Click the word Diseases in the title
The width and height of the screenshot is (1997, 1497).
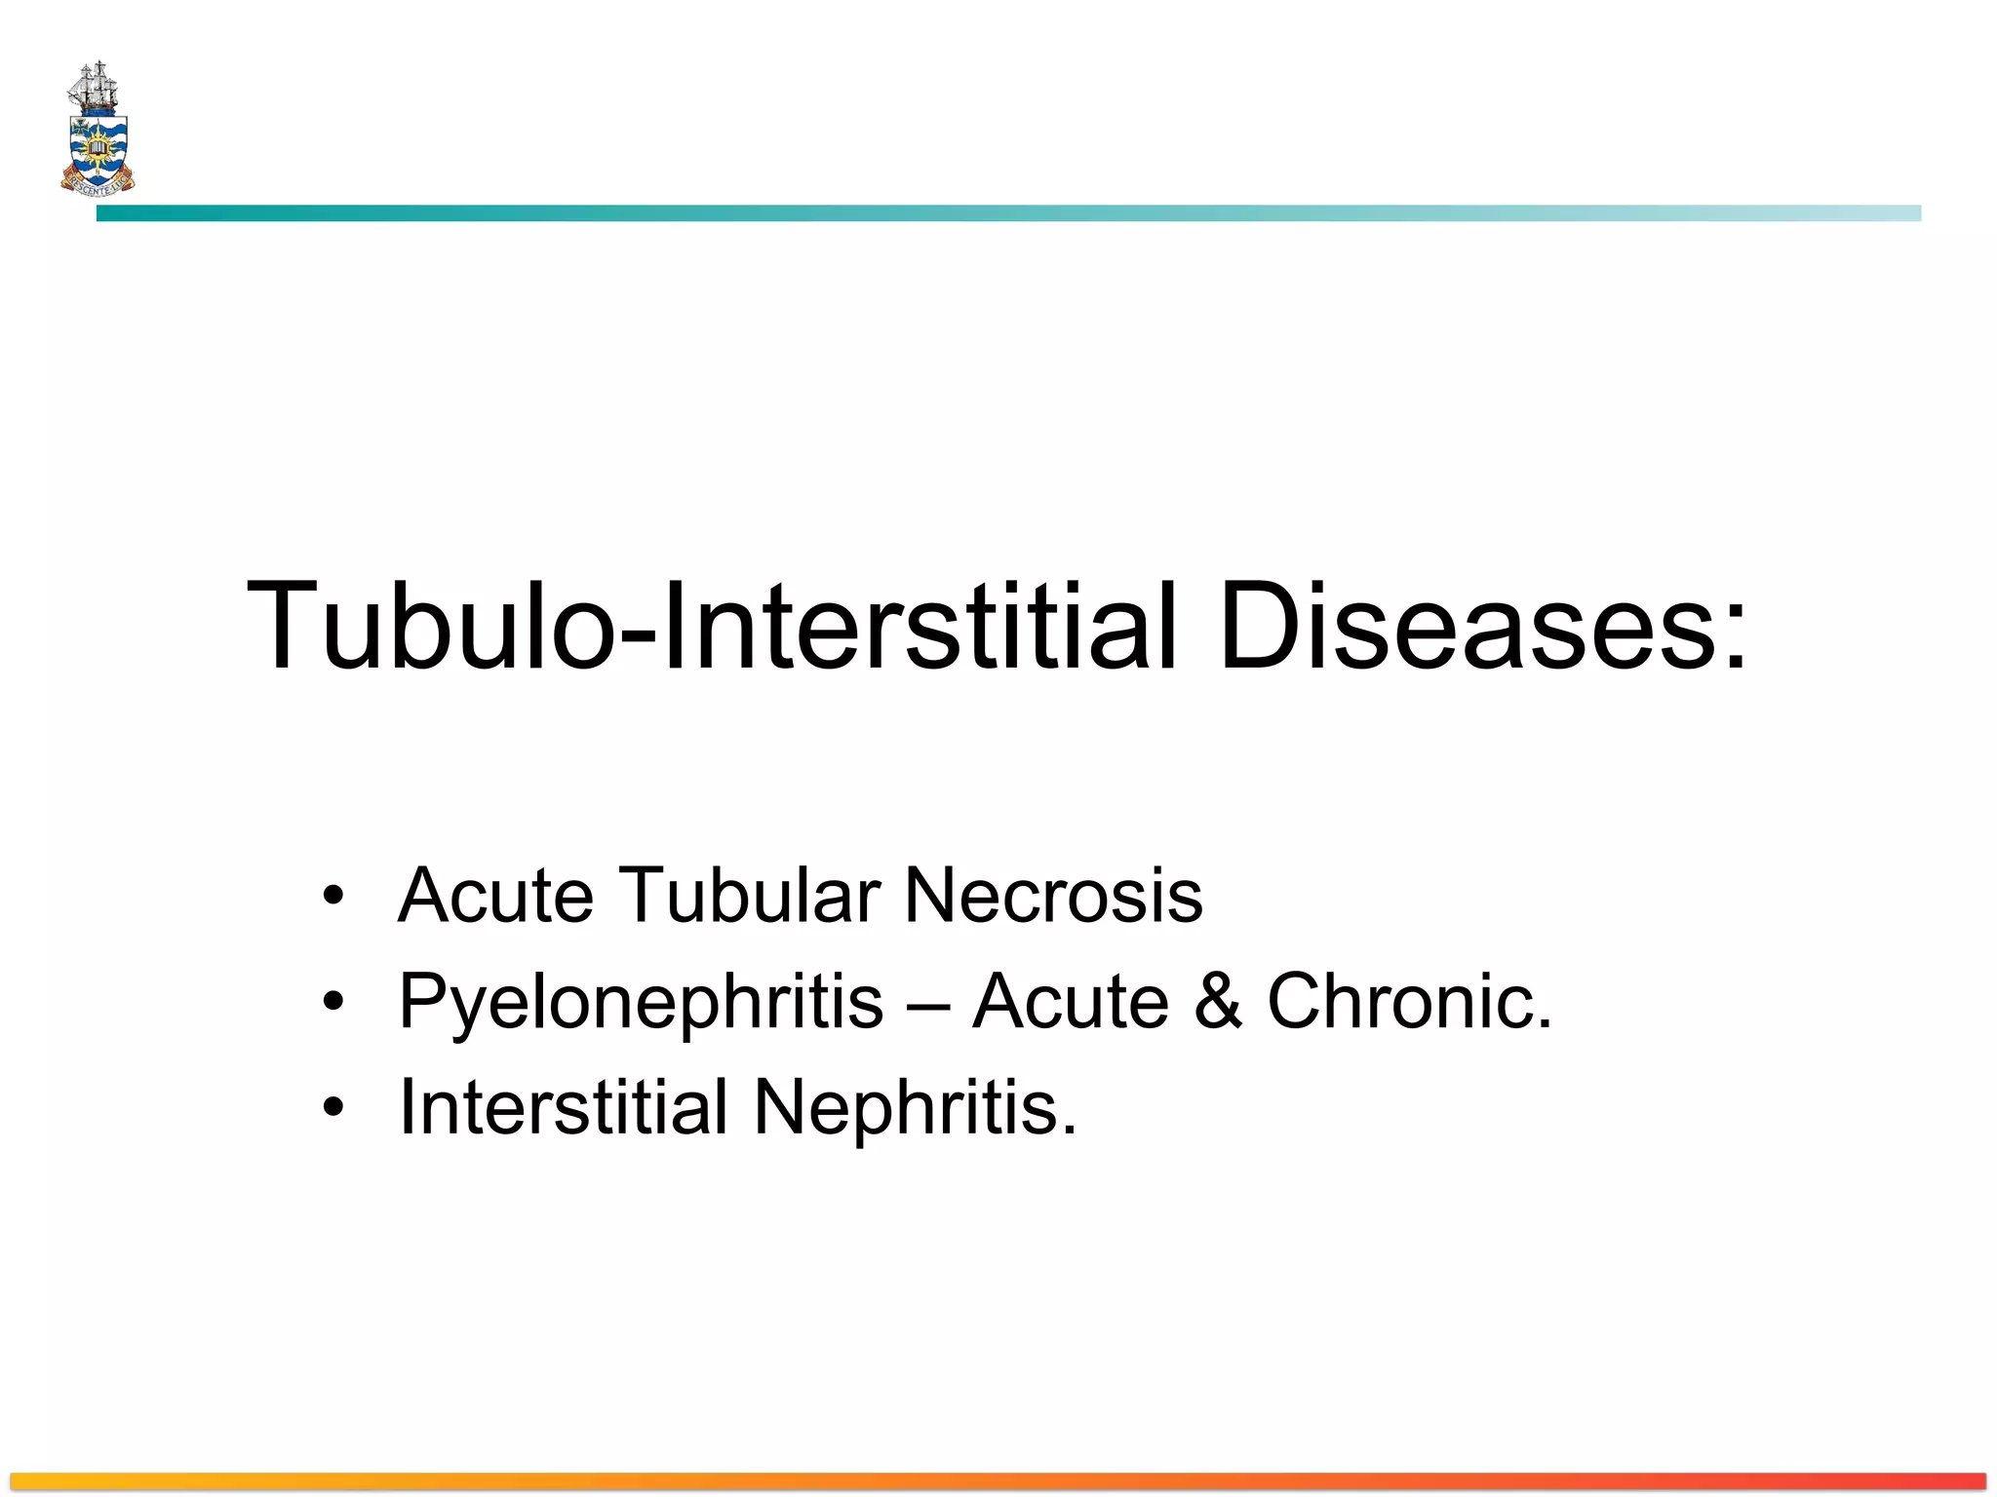pyautogui.click(x=1468, y=626)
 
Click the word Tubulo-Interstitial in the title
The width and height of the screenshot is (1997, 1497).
pyautogui.click(x=712, y=626)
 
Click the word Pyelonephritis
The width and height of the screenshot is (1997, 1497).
pyautogui.click(x=641, y=1002)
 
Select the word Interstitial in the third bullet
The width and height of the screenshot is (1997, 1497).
pyautogui.click(x=564, y=1107)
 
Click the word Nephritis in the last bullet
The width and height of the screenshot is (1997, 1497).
pyautogui.click(x=915, y=1107)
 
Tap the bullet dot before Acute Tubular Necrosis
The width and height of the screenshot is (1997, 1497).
pyautogui.click(x=333, y=895)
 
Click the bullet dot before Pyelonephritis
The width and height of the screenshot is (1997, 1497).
pyautogui.click(x=333, y=1001)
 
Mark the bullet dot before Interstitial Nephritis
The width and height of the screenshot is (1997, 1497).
pyautogui.click(x=333, y=1107)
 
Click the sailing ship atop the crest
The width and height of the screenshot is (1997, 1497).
pyautogui.click(x=95, y=88)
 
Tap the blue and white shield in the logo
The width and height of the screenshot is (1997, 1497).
pyautogui.click(x=98, y=149)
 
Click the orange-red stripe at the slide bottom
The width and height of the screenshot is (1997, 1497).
pyautogui.click(x=998, y=1480)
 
